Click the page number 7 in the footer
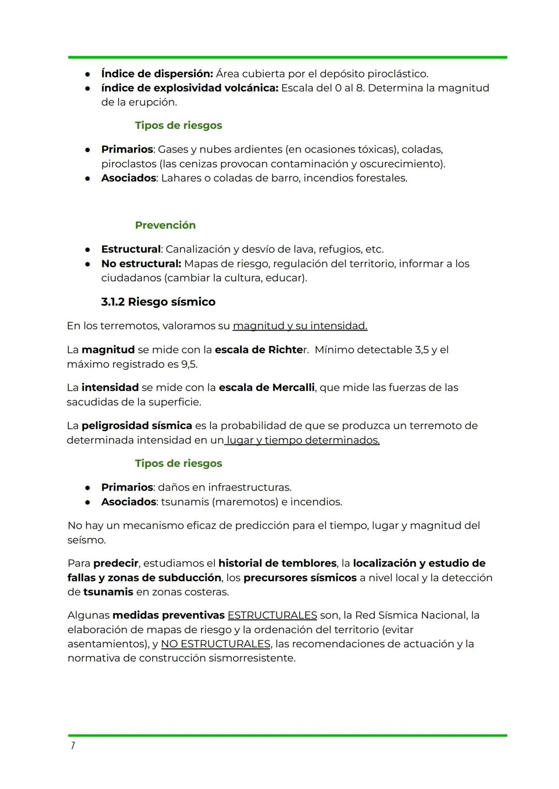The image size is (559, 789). tap(72, 746)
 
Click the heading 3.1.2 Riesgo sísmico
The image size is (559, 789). tap(158, 302)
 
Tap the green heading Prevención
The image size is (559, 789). tap(165, 225)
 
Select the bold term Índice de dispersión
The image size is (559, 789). tap(156, 73)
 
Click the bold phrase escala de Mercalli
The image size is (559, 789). tap(266, 388)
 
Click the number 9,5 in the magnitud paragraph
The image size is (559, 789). tap(188, 364)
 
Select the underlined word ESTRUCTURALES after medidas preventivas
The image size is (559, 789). tap(272, 615)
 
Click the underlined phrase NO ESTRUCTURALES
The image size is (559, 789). tap(215, 644)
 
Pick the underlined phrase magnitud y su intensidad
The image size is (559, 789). tap(300, 326)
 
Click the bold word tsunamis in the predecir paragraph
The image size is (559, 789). tap(108, 592)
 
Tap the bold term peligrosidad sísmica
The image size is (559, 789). tap(137, 426)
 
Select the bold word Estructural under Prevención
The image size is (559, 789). tap(130, 249)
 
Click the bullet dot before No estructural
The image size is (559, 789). tap(89, 264)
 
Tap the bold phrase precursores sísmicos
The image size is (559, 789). tap(300, 577)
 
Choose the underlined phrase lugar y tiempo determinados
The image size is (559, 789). tap(303, 440)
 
